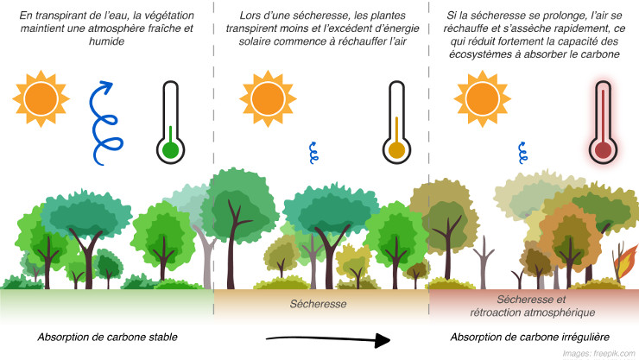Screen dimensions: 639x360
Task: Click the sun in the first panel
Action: [x=41, y=98]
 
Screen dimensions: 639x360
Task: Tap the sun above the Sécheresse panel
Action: [x=268, y=98]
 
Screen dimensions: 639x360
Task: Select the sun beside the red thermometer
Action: [x=482, y=98]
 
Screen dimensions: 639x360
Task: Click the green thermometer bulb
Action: [x=171, y=151]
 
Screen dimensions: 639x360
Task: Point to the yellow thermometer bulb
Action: [x=397, y=151]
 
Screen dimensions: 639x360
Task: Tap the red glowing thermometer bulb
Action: [x=603, y=151]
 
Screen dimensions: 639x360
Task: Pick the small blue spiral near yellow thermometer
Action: [x=313, y=153]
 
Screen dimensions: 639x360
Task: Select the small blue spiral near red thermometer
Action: [x=522, y=153]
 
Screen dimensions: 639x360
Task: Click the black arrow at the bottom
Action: [x=328, y=338]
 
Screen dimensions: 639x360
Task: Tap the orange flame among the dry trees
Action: [x=626, y=262]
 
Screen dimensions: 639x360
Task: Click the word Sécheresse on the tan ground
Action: [x=319, y=304]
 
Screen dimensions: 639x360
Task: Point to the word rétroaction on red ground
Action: [x=494, y=313]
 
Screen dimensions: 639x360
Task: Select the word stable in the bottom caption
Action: [x=163, y=338]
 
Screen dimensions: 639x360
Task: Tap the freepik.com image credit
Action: [x=599, y=353]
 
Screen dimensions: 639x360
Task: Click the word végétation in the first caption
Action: [x=168, y=16]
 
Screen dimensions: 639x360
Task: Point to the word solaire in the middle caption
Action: [x=254, y=41]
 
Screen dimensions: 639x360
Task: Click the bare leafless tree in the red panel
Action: [x=484, y=262]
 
